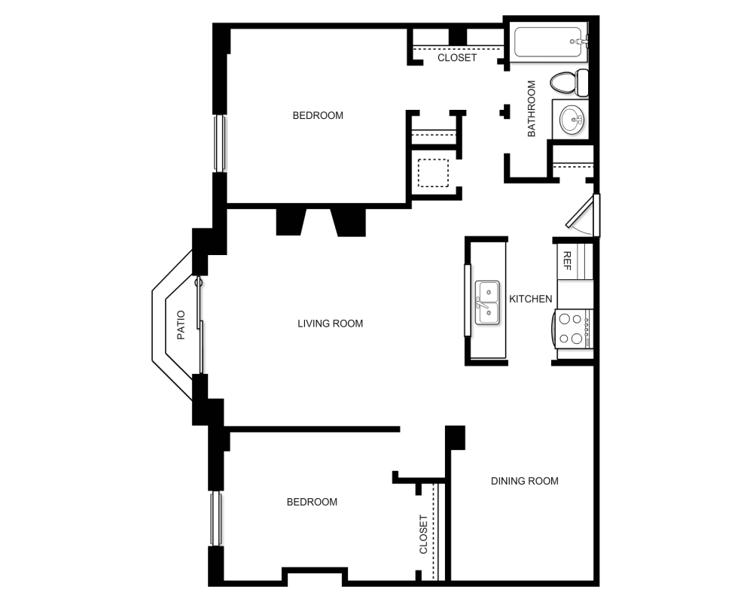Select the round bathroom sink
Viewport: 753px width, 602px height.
point(572,119)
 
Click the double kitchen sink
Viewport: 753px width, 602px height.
point(487,303)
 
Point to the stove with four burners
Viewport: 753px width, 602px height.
point(575,329)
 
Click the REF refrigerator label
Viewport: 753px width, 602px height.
point(567,261)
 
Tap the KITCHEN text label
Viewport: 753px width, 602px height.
point(531,299)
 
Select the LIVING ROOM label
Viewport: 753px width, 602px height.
point(330,324)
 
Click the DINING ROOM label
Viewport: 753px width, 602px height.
point(525,481)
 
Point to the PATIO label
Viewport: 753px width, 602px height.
point(181,326)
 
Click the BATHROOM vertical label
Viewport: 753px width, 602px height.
point(531,108)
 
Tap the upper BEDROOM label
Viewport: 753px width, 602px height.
point(318,115)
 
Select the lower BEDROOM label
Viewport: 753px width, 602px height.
point(312,502)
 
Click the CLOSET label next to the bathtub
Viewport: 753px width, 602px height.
point(457,57)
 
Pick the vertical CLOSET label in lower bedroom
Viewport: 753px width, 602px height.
point(423,534)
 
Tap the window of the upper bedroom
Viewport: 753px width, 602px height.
point(219,143)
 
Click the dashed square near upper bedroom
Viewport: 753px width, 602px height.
point(433,173)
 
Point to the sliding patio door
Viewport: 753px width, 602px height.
point(200,325)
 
